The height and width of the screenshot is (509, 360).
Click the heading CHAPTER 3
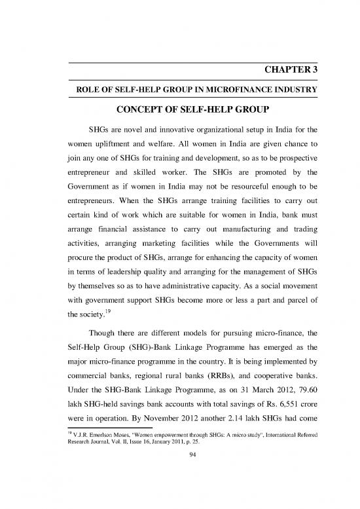(x=288, y=71)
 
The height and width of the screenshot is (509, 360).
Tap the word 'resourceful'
(x=249, y=196)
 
